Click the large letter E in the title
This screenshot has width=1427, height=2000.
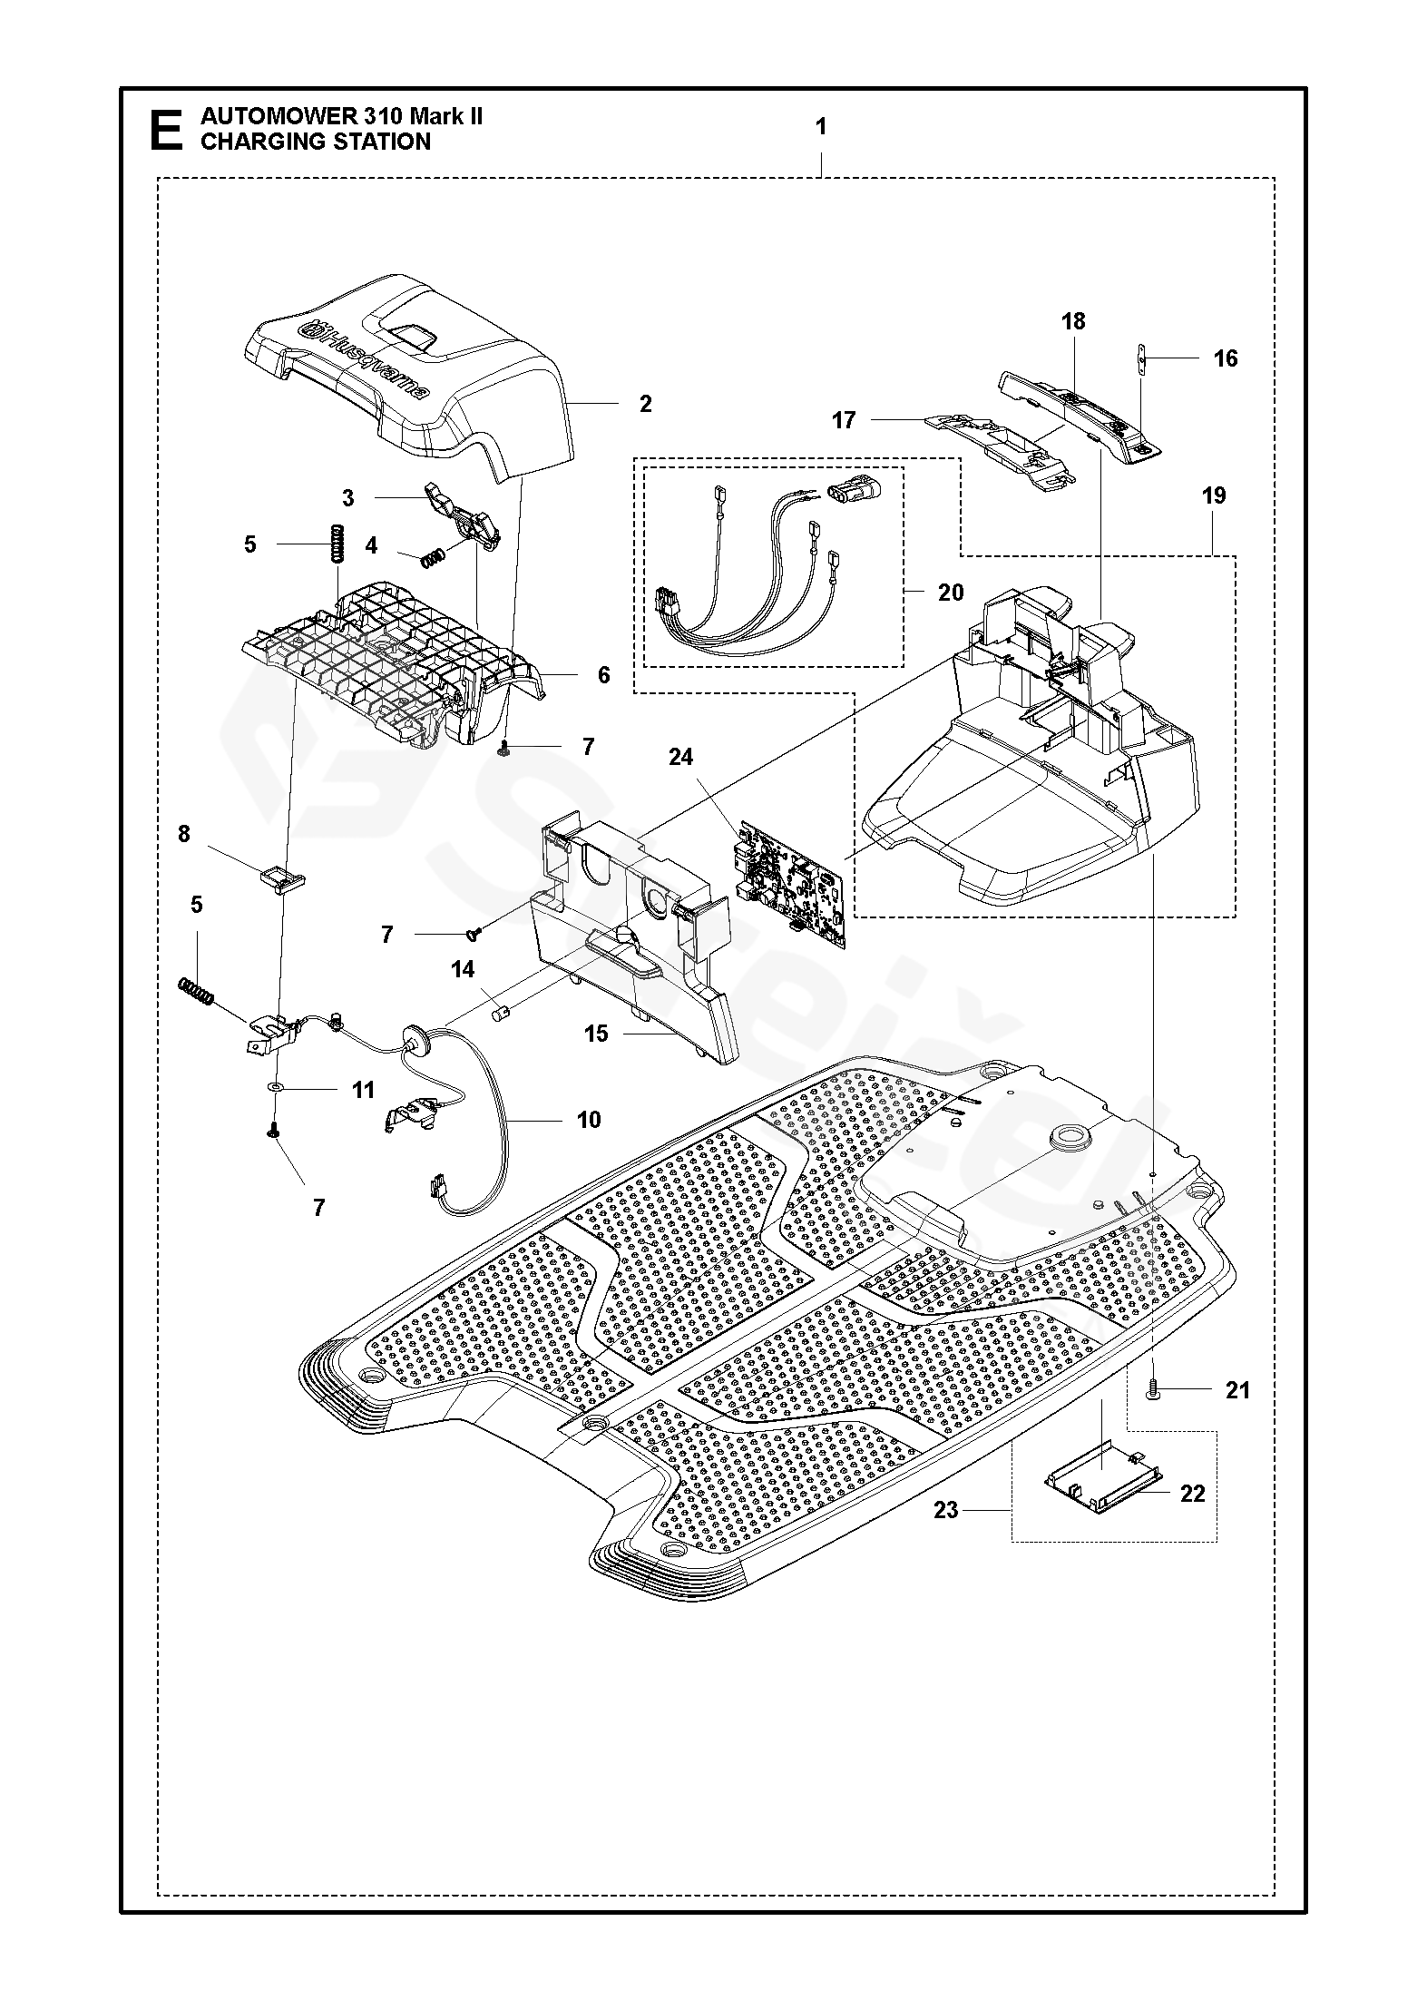click(x=164, y=130)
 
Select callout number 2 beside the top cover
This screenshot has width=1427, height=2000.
click(x=645, y=404)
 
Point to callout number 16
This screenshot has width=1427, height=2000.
click(x=1225, y=358)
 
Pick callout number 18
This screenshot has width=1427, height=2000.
click(x=1073, y=321)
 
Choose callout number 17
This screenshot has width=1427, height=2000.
click(x=844, y=420)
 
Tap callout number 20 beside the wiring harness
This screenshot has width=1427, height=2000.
click(x=951, y=593)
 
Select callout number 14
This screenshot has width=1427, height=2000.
click(x=463, y=970)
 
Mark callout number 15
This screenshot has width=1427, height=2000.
click(x=596, y=1034)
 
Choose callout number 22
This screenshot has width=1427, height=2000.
click(x=1192, y=1494)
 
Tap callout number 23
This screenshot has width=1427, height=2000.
click(x=946, y=1509)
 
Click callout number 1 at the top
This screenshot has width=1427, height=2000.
click(x=821, y=127)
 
